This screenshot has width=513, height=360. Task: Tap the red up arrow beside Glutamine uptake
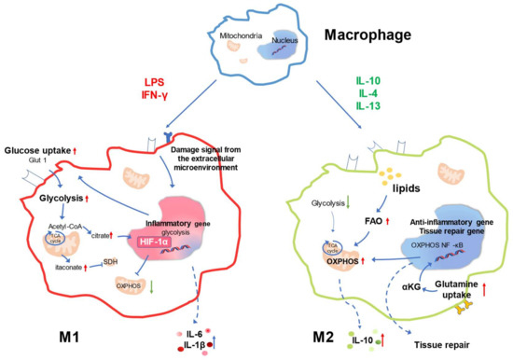(485, 274)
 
